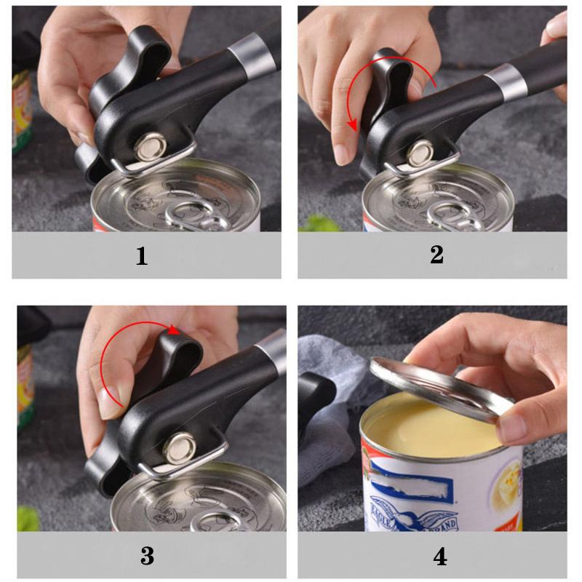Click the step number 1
(142, 255)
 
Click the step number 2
(436, 255)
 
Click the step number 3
(147, 556)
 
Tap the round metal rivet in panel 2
(420, 154)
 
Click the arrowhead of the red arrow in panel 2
(353, 127)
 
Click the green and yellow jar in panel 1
(21, 109)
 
